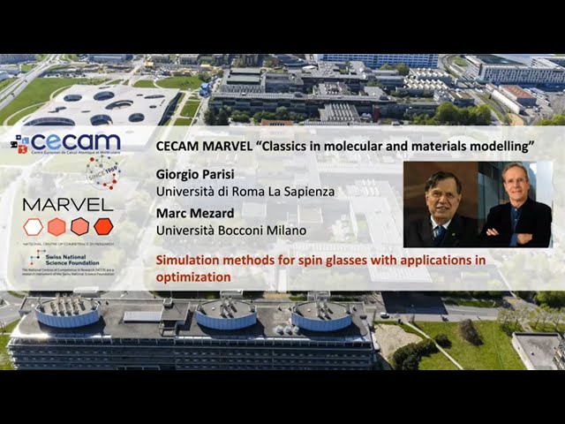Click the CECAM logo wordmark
click(74, 141)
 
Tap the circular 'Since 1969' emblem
click(102, 171)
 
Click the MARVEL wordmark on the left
click(68, 204)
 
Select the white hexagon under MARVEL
click(33, 226)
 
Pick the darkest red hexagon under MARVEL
click(103, 226)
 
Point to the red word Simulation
click(190, 261)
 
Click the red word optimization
click(193, 276)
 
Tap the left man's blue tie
click(439, 231)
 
